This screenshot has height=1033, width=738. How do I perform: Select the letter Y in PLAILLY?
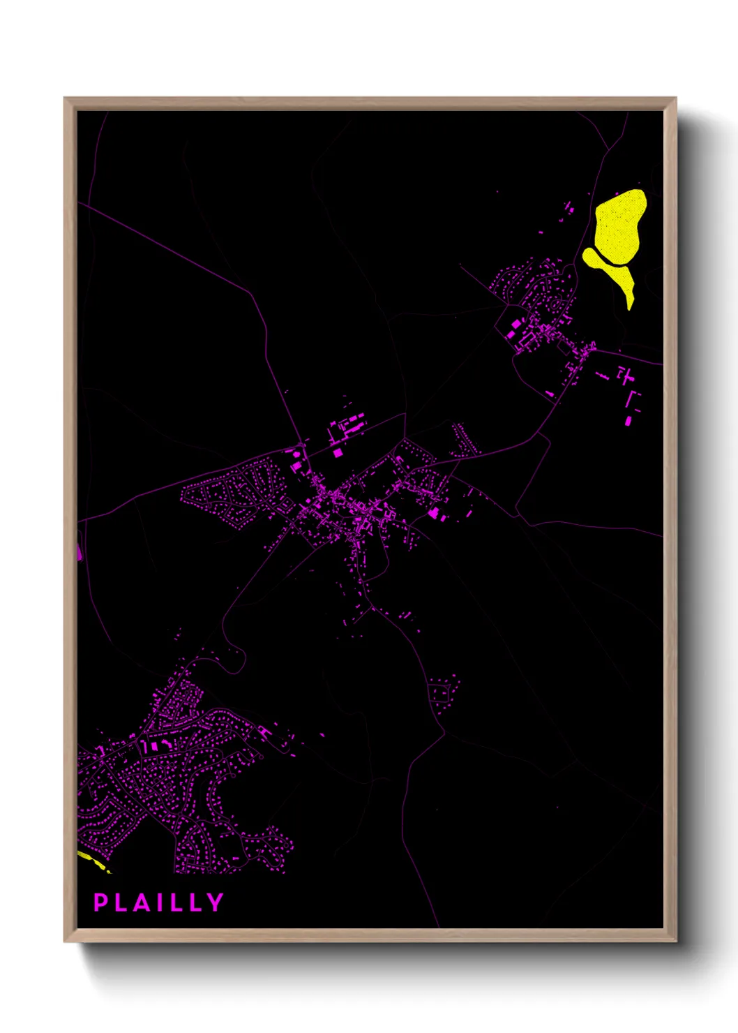(216, 902)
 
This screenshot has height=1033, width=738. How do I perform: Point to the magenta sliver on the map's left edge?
(80, 552)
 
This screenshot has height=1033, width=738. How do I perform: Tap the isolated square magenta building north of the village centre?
(338, 452)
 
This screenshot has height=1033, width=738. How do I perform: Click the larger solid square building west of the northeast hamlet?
(518, 324)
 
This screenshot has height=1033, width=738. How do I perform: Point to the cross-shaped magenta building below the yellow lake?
(626, 376)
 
